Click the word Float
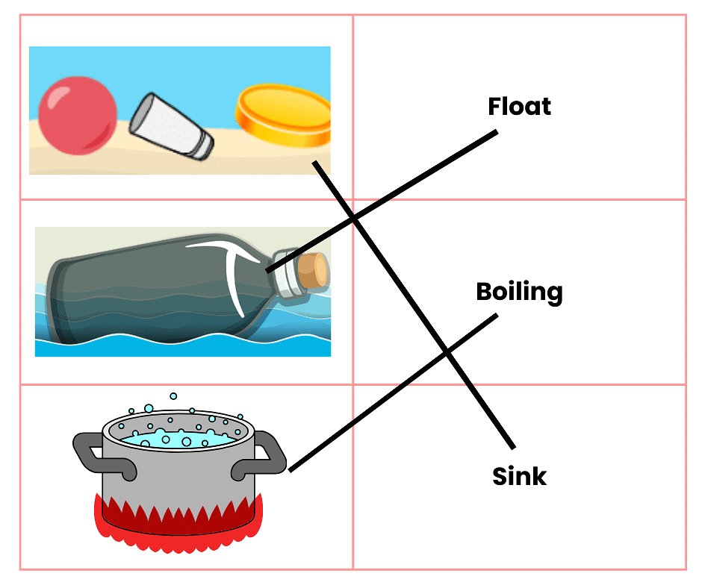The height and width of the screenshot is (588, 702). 519,106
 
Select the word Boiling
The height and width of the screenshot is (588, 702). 519,292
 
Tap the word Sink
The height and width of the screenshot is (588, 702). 519,476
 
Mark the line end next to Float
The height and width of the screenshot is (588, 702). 495,133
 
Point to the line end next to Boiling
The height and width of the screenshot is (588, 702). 495,316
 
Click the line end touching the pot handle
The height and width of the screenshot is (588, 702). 291,470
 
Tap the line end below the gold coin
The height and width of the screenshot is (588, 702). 314,162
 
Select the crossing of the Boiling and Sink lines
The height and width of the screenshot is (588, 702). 447,351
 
